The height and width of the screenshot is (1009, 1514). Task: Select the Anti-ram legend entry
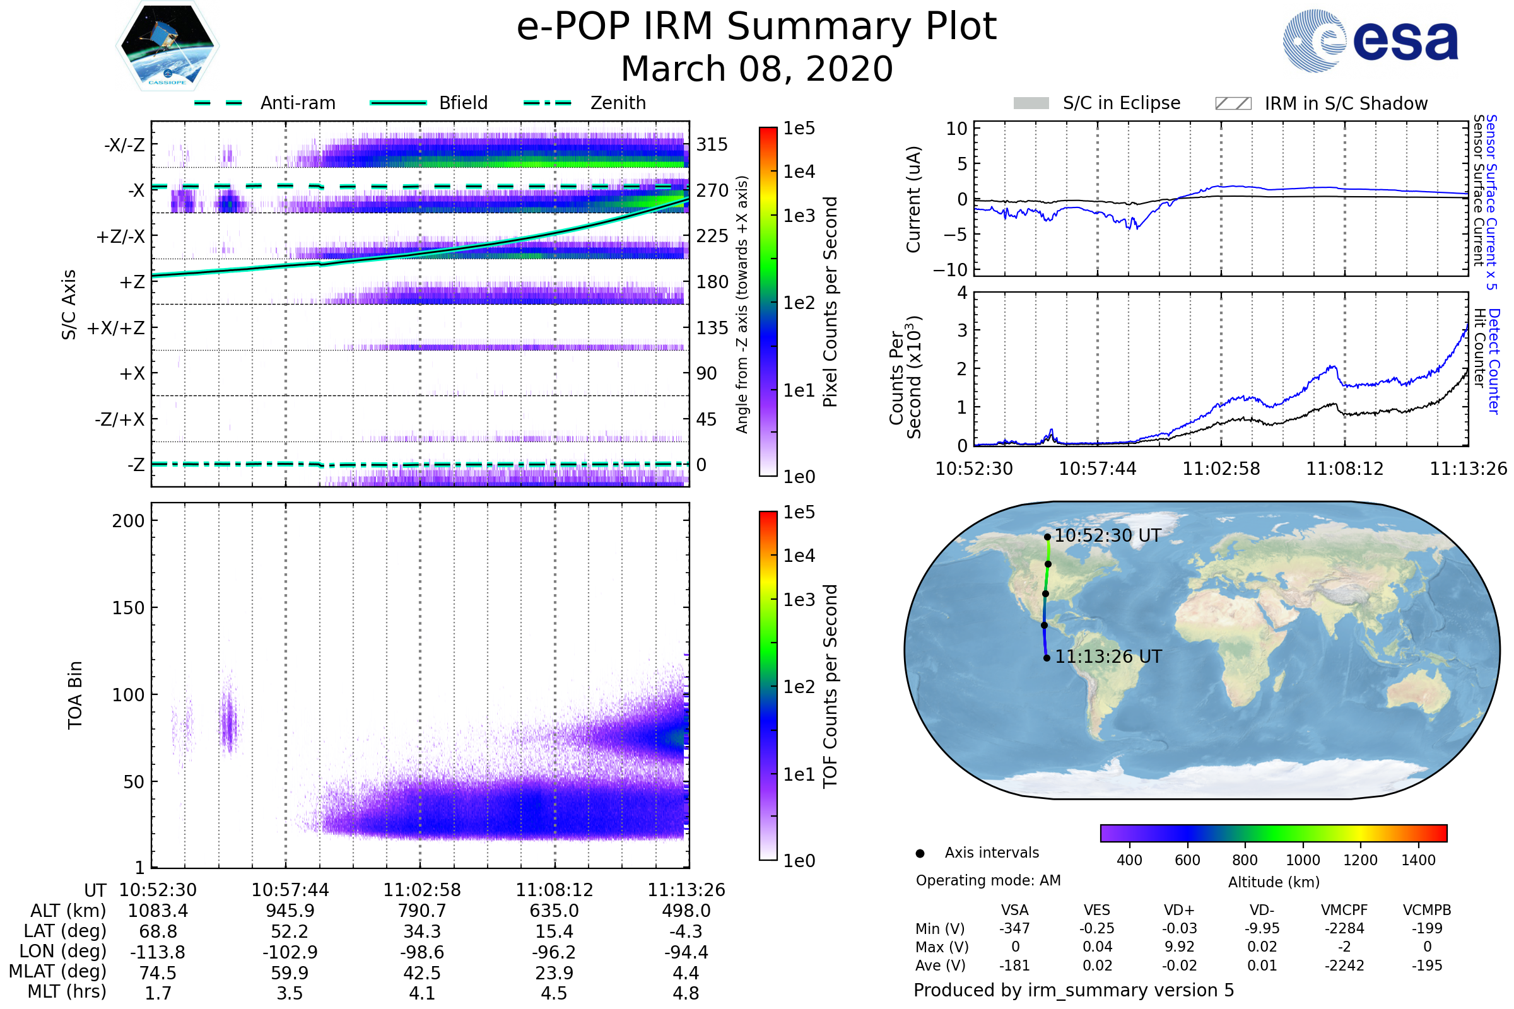click(x=297, y=103)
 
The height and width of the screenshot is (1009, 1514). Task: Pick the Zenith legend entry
click(x=618, y=103)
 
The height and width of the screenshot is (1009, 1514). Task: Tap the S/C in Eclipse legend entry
click(x=1121, y=103)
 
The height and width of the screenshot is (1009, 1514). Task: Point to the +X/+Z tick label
click(x=116, y=328)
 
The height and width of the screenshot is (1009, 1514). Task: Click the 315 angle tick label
click(x=712, y=145)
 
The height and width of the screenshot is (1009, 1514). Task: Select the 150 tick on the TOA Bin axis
click(x=128, y=608)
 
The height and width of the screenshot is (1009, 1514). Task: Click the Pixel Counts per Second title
click(x=830, y=302)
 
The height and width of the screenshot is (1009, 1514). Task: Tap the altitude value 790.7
click(x=421, y=911)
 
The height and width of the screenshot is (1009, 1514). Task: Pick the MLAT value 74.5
click(x=158, y=973)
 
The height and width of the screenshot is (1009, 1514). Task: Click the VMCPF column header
click(x=1344, y=911)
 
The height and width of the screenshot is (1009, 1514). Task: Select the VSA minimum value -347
click(x=1014, y=928)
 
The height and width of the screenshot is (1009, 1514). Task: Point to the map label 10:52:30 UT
click(x=1107, y=535)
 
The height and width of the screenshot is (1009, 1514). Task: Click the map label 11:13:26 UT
click(x=1108, y=656)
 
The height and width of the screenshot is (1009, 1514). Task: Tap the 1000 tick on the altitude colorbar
click(x=1302, y=860)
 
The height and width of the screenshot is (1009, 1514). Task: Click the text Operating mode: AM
click(x=988, y=880)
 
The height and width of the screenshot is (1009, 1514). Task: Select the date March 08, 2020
click(x=756, y=69)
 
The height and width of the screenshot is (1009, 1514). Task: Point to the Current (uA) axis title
click(x=913, y=199)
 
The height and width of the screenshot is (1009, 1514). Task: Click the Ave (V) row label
click(x=940, y=965)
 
